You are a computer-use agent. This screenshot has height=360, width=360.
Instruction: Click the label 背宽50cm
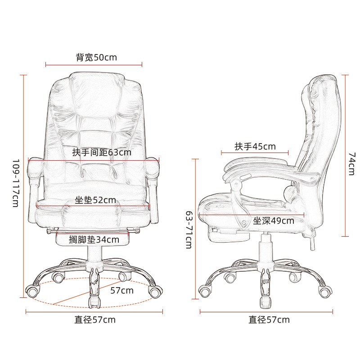96,58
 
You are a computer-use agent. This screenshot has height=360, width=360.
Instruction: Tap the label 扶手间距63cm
102,152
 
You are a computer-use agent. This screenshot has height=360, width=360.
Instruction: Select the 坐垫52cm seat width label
95,200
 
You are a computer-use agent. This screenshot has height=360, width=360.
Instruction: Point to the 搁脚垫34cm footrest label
94,240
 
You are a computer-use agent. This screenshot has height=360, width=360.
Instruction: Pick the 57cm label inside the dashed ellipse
122,290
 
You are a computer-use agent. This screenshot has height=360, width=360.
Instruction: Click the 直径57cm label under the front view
95,320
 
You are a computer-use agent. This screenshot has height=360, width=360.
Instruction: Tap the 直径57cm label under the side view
269,320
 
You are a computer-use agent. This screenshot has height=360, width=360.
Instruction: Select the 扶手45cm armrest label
255,147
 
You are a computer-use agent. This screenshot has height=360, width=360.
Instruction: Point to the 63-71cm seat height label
189,229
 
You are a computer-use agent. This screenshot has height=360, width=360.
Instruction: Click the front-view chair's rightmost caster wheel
154,292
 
